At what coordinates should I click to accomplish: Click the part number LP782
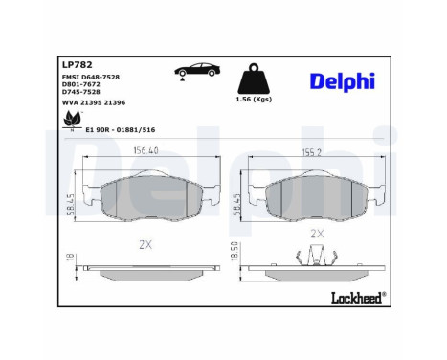[x=77, y=66]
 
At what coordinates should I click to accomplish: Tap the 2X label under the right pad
[x=317, y=234]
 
